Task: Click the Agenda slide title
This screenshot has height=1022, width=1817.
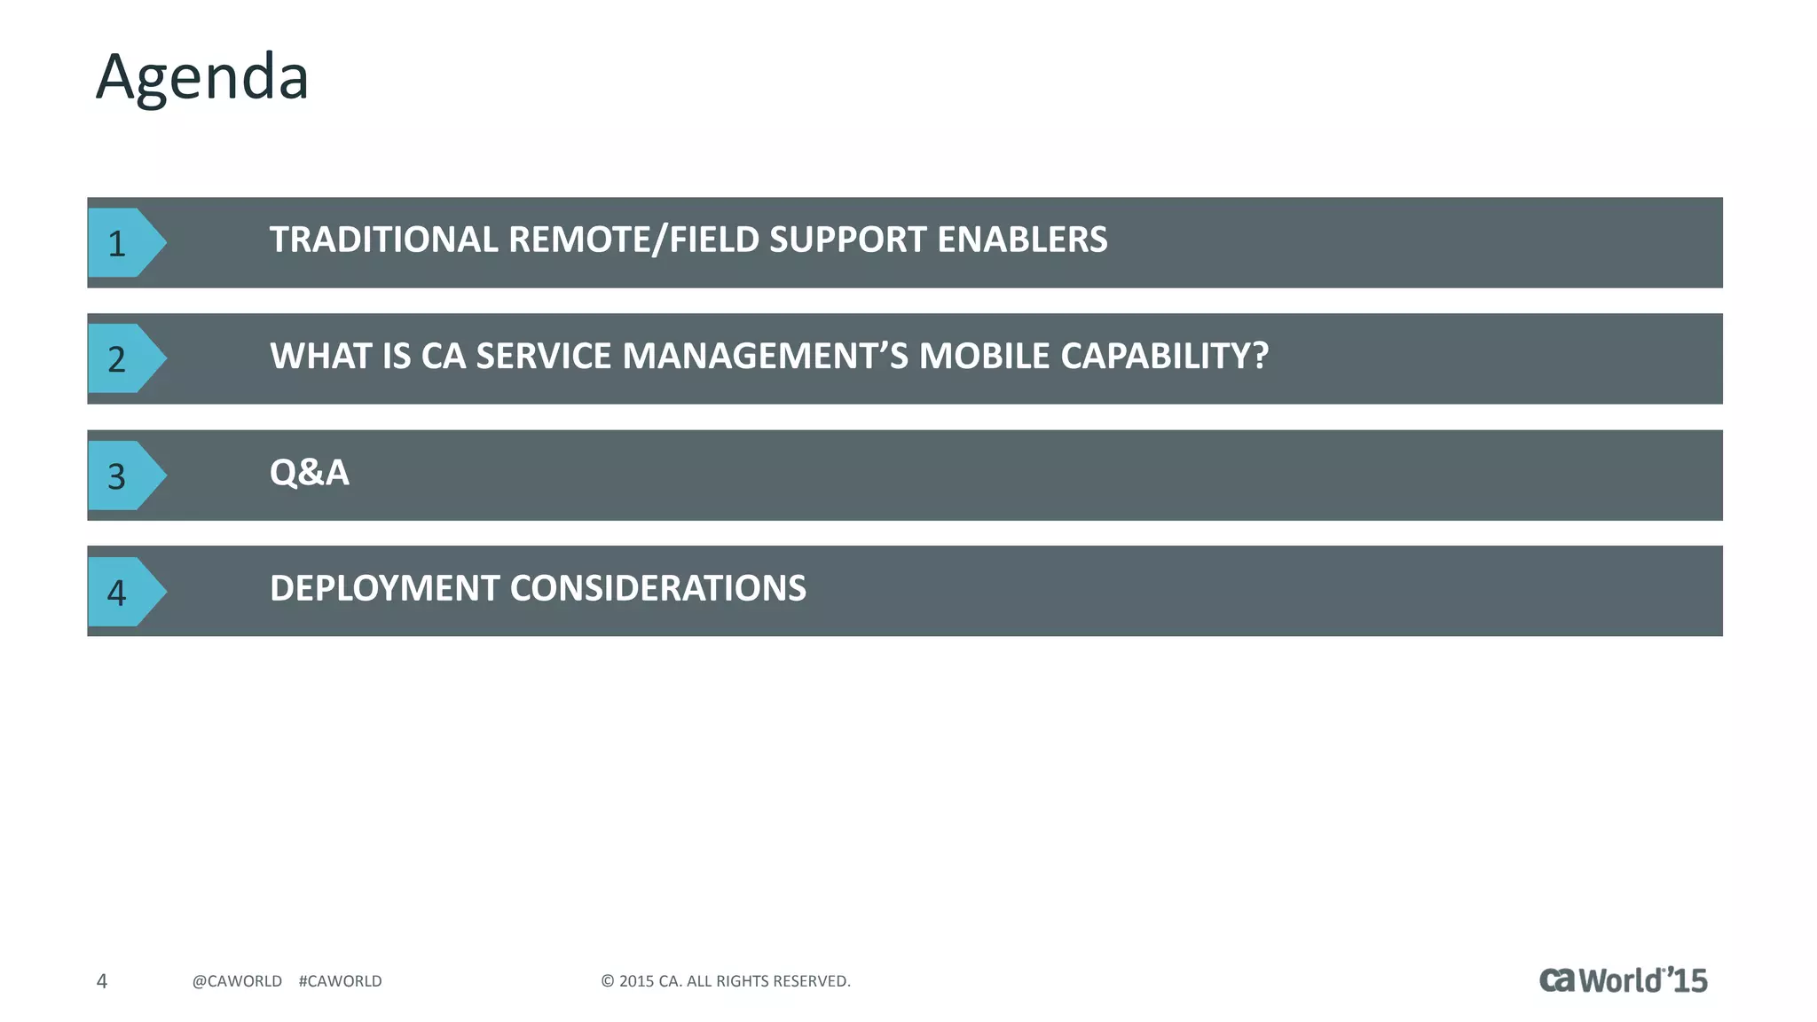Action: point(202,78)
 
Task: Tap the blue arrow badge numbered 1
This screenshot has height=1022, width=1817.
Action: point(122,243)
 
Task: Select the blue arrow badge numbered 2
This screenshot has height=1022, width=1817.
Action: point(122,359)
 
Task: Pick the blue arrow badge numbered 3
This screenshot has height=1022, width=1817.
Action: point(122,476)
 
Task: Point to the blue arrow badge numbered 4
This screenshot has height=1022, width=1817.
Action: point(122,593)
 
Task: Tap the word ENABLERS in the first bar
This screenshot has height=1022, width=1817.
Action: point(1022,240)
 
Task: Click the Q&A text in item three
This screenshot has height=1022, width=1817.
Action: point(310,473)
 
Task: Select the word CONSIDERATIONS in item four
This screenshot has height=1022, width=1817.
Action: point(657,589)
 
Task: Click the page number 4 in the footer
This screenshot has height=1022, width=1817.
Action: point(102,981)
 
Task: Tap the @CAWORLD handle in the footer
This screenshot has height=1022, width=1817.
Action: point(237,981)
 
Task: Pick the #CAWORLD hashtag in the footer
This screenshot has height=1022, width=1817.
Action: point(340,981)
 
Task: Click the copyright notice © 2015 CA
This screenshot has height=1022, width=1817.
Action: point(725,981)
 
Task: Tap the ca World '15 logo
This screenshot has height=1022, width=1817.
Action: point(1623,980)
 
